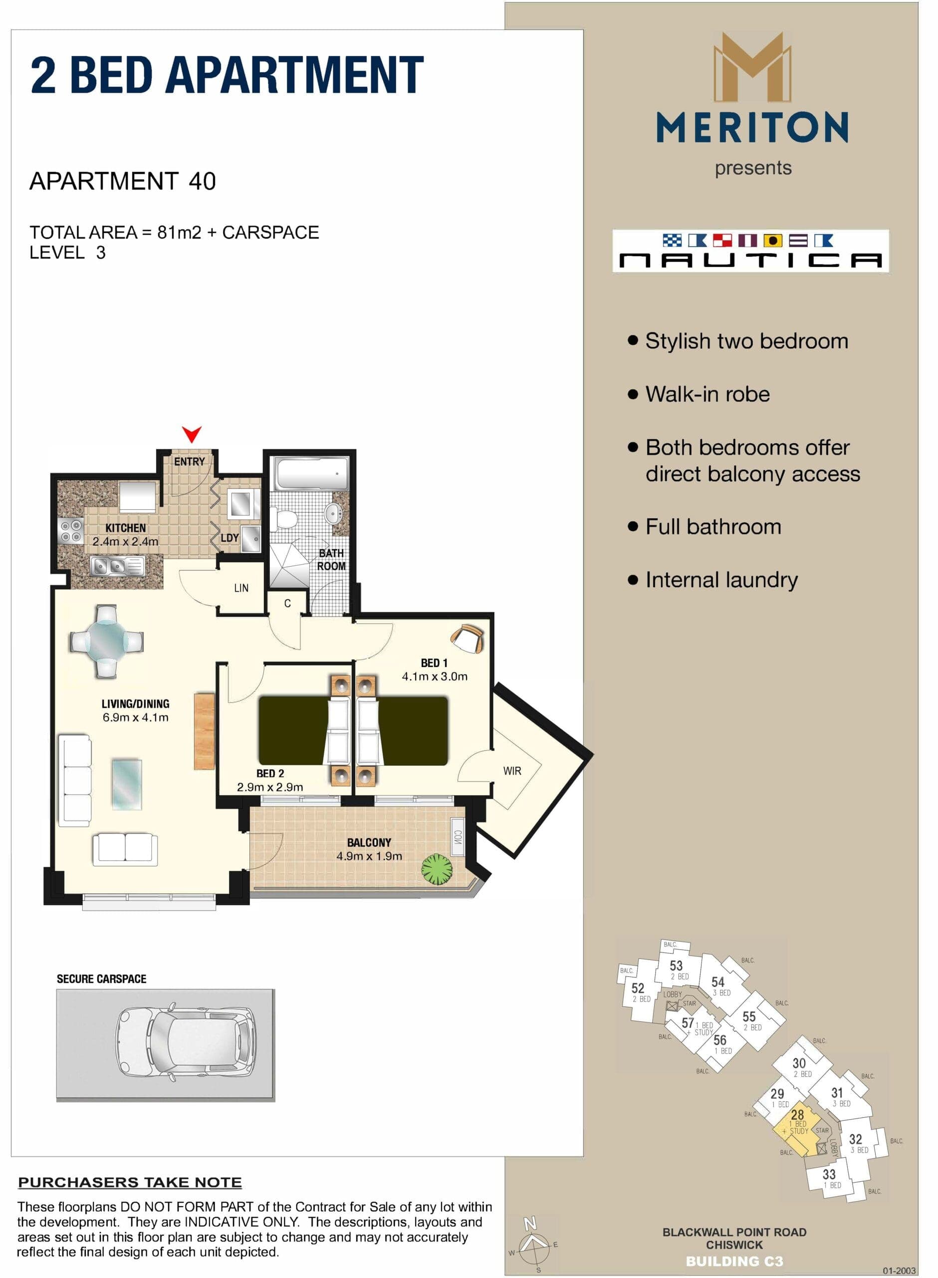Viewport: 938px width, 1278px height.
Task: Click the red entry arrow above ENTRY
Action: point(192,434)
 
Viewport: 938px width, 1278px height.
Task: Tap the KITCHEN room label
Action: point(126,528)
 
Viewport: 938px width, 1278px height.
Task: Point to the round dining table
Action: point(107,641)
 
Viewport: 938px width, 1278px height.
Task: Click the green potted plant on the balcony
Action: point(437,869)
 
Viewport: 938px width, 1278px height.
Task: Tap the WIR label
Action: point(511,771)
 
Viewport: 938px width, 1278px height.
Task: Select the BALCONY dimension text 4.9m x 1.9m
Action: point(369,856)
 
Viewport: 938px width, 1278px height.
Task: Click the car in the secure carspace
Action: point(186,1044)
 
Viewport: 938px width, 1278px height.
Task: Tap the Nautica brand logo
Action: point(750,251)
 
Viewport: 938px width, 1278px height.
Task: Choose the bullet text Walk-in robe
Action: point(707,394)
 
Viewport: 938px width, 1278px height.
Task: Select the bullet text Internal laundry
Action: point(721,580)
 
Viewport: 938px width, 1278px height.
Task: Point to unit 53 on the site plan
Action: point(676,965)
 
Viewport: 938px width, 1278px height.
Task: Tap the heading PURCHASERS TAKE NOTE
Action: point(130,1182)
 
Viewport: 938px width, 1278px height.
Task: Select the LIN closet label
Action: point(241,588)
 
